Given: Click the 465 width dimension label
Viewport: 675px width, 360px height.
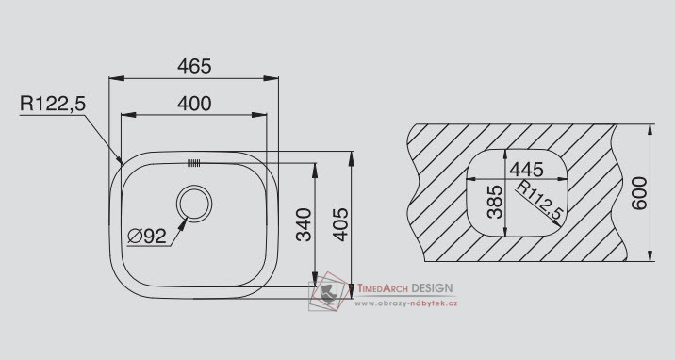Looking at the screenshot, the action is [x=194, y=66].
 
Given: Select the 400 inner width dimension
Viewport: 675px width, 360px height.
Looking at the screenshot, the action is [x=194, y=104].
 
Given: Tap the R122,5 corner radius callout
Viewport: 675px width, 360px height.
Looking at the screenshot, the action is [x=53, y=104].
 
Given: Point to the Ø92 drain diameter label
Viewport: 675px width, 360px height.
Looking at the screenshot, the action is [x=147, y=236].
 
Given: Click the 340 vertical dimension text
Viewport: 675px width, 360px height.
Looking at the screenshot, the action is [x=305, y=224].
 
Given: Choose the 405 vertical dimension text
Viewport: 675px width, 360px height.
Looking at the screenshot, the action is [x=341, y=224].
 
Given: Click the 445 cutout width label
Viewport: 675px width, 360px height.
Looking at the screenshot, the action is [x=526, y=170].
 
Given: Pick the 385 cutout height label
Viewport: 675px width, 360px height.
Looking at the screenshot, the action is [x=495, y=202].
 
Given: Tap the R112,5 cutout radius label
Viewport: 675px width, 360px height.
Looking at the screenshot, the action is [x=540, y=200].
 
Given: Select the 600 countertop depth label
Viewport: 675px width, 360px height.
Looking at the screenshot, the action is [x=639, y=192].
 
